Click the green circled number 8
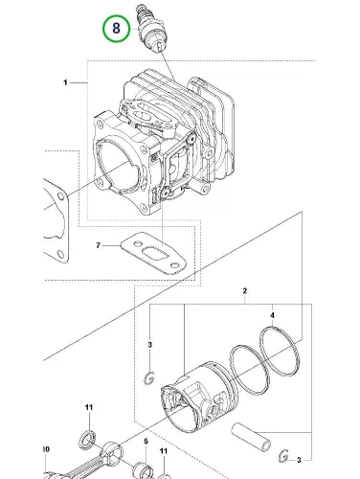click(x=116, y=28)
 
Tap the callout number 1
click(x=65, y=82)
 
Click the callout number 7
click(x=98, y=245)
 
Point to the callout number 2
click(x=245, y=291)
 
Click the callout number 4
click(x=272, y=315)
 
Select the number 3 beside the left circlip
click(x=150, y=345)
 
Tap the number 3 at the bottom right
click(x=299, y=460)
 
